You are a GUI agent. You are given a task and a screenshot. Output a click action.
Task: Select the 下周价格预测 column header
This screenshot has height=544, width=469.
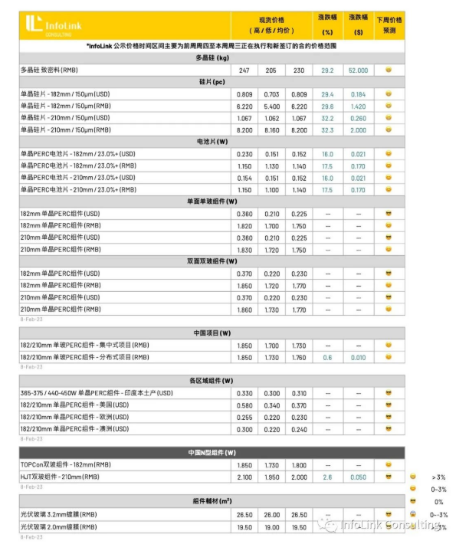(389, 25)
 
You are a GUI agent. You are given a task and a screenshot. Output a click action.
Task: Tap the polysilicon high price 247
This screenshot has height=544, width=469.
(244, 70)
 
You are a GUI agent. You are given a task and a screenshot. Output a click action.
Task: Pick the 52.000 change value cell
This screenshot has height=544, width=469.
(358, 70)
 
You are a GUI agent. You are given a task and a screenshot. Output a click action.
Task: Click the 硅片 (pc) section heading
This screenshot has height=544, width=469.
(212, 82)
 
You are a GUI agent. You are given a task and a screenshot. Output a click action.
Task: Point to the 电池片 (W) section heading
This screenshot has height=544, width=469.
(212, 142)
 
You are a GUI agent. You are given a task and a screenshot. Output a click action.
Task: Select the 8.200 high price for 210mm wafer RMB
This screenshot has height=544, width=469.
(244, 129)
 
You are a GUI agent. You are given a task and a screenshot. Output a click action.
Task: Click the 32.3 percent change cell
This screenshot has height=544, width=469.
(327, 129)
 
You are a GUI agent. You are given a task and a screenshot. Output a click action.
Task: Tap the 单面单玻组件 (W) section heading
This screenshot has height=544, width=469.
(212, 202)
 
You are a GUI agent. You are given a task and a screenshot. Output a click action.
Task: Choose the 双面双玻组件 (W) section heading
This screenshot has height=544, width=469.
(212, 261)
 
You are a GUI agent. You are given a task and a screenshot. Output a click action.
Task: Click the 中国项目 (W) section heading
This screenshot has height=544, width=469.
(212, 333)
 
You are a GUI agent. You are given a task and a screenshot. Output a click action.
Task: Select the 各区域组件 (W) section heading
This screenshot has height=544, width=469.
(212, 381)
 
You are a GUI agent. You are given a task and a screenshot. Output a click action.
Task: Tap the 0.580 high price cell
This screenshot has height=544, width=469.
(244, 405)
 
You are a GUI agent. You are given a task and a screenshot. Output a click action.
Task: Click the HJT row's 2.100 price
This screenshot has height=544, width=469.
(244, 477)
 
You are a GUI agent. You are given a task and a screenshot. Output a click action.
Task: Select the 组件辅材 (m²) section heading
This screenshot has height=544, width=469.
(212, 500)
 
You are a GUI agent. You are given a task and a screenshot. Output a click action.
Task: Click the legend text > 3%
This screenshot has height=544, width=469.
(438, 477)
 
